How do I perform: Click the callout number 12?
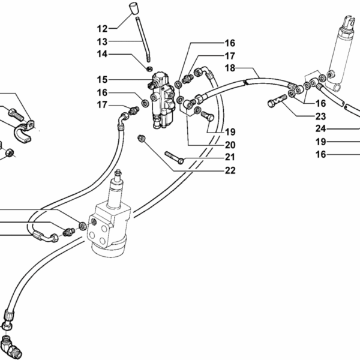click(102, 29)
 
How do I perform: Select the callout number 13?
click(102, 42)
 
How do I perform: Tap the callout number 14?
click(102, 54)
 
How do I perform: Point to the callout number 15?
click(102, 80)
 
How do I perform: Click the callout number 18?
click(230, 68)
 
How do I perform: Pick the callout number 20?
click(230, 145)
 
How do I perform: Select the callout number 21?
click(230, 157)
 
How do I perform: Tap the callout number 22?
click(230, 170)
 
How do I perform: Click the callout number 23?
click(321, 116)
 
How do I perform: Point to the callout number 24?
click(321, 129)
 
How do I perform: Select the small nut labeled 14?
click(149, 68)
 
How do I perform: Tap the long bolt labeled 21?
click(174, 157)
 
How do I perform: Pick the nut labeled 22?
click(141, 138)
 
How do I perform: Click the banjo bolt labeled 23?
click(277, 101)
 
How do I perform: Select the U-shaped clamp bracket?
click(25, 133)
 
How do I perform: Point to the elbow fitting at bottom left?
click(11, 347)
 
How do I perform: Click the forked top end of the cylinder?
click(350, 23)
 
